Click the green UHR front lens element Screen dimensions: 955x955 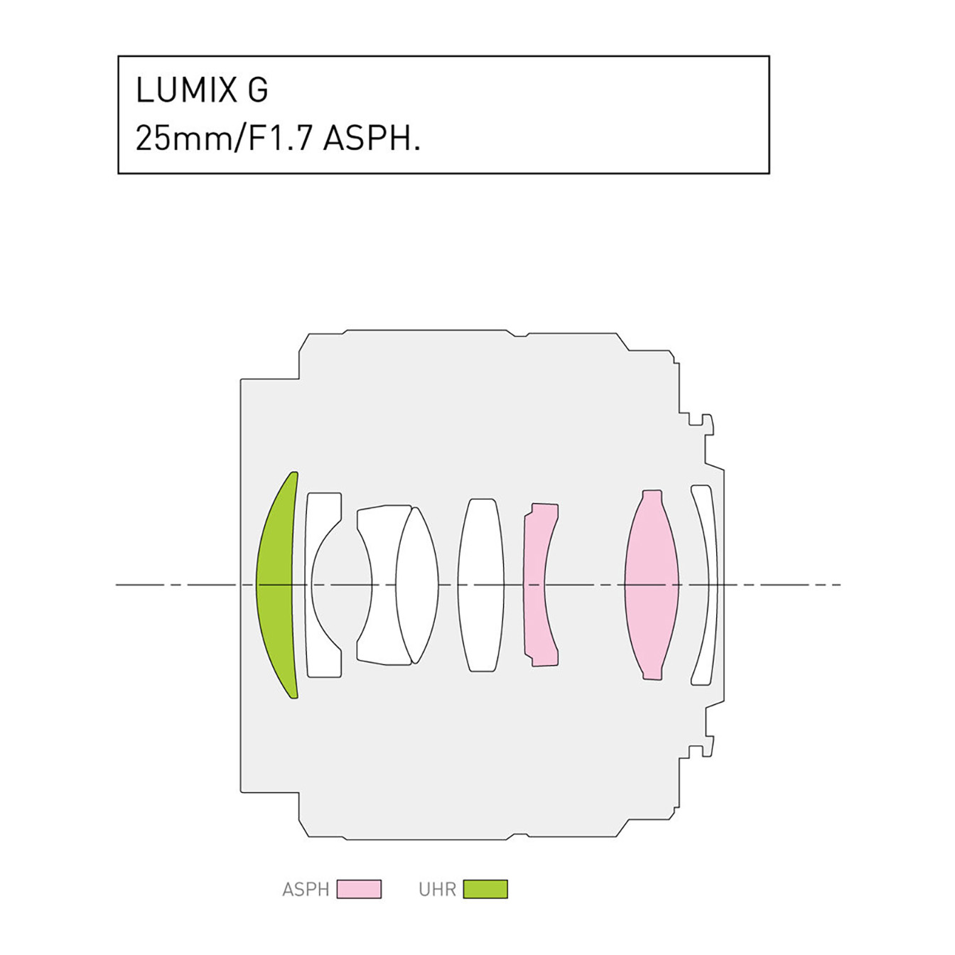point(275,585)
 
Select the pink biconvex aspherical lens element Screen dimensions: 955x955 point(651,585)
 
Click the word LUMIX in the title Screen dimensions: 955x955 point(186,90)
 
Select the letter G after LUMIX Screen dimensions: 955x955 point(258,90)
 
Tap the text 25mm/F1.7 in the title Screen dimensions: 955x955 point(224,139)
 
